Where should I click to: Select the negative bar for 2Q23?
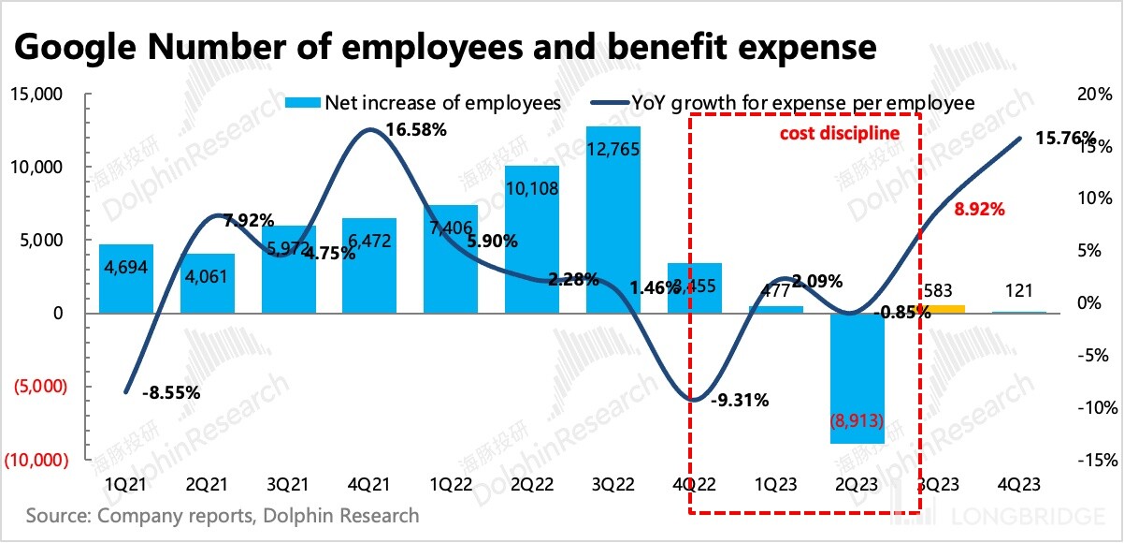pyautogui.click(x=857, y=378)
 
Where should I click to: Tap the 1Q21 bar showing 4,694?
pyautogui.click(x=125, y=279)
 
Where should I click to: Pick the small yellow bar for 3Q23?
pyautogui.click(x=938, y=309)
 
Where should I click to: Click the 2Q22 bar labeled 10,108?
pyautogui.click(x=532, y=240)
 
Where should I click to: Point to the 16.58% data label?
pyautogui.click(x=415, y=130)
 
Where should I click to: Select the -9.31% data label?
pyautogui.click(x=739, y=401)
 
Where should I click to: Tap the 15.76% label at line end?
pyautogui.click(x=1066, y=139)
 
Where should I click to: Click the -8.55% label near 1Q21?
pyautogui.click(x=171, y=393)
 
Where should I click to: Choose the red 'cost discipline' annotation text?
pyautogui.click(x=840, y=133)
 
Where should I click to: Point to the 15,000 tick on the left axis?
pyautogui.click(x=36, y=95)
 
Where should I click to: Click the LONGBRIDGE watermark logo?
pyautogui.click(x=1019, y=518)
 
